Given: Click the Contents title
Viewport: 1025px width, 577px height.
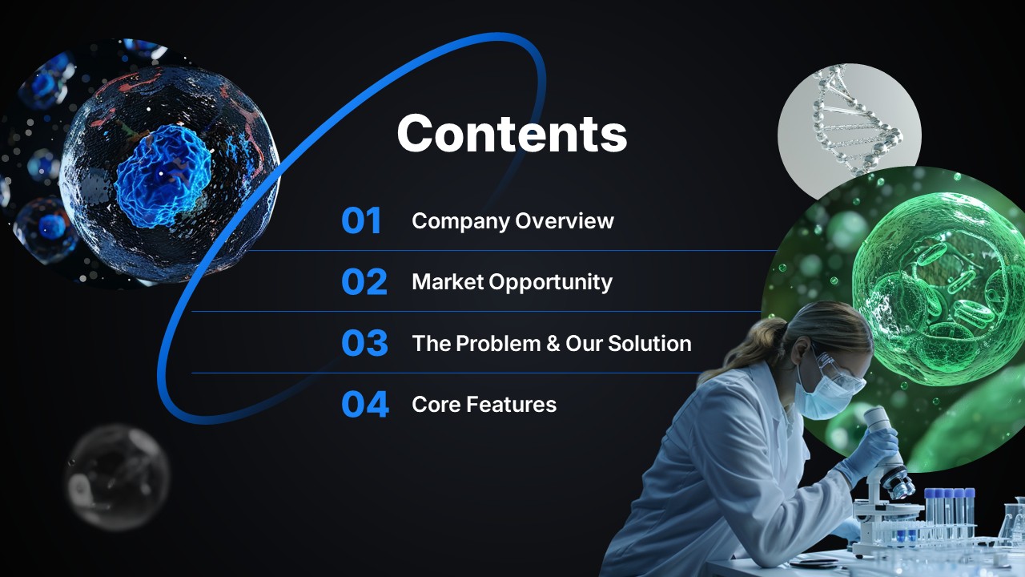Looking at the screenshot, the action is pyautogui.click(x=512, y=133).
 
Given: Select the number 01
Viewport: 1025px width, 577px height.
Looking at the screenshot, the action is pyautogui.click(x=361, y=220).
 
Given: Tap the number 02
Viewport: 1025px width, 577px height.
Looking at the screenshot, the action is pyautogui.click(x=364, y=281).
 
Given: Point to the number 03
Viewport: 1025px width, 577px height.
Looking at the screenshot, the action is pyautogui.click(x=364, y=343).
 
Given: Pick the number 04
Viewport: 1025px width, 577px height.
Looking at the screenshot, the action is pyautogui.click(x=365, y=405).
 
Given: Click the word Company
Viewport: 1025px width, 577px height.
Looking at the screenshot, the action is pyautogui.click(x=460, y=222).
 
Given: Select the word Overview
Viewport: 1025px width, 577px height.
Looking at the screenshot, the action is pyautogui.click(x=565, y=220).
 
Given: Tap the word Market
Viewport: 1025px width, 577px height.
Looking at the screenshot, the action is pyautogui.click(x=448, y=281).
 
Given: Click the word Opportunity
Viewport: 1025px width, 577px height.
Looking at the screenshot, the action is pyautogui.click(x=551, y=283).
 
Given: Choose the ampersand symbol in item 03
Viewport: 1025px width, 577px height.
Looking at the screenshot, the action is pyautogui.click(x=553, y=344).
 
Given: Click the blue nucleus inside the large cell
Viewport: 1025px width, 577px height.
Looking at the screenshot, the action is pyautogui.click(x=163, y=176).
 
